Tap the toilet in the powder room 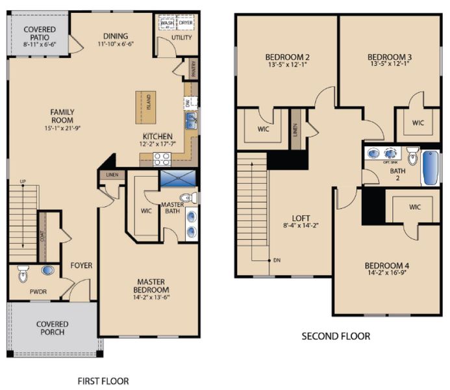[23, 274]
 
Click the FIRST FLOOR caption [103, 381]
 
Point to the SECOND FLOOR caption [336, 336]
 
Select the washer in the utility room [166, 22]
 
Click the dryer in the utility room [185, 22]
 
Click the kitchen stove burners [162, 158]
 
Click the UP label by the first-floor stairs [23, 181]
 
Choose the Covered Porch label [52, 328]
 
